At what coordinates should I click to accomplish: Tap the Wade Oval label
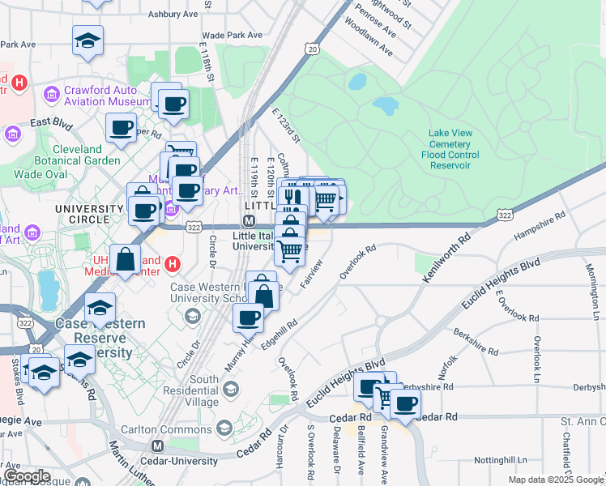click(39, 174)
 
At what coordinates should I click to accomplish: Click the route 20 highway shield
click(312, 50)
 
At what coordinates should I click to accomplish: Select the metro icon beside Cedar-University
click(158, 446)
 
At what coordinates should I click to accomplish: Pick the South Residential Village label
click(193, 390)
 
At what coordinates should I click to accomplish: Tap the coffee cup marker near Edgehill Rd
click(248, 317)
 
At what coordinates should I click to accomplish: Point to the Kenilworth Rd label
click(446, 258)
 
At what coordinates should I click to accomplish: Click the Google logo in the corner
click(27, 476)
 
